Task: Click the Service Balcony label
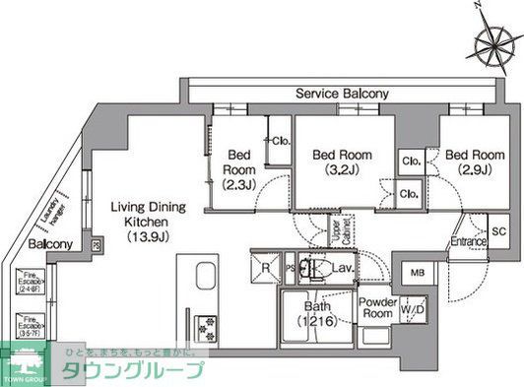point(343,94)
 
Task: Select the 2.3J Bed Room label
point(240,169)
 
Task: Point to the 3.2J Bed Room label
point(342,161)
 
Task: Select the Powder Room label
point(376,308)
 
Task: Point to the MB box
point(418,273)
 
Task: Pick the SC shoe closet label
point(498,231)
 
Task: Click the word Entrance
point(469,241)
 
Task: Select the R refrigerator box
point(265,266)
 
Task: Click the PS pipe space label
point(290,266)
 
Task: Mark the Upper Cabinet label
point(337,233)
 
